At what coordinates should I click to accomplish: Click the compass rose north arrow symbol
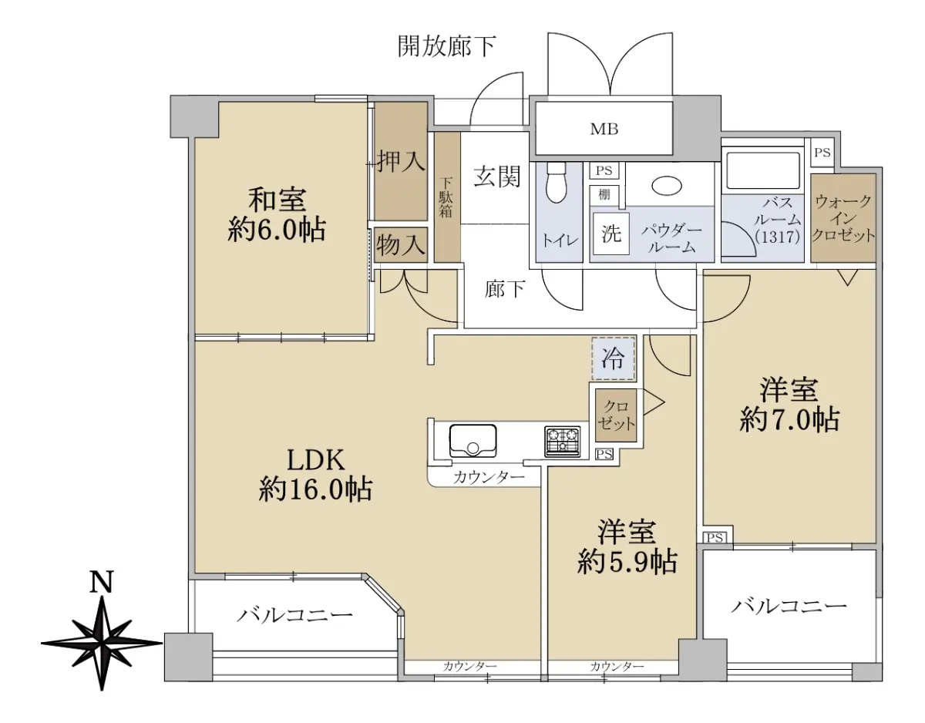102,643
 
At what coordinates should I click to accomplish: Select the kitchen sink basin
473,440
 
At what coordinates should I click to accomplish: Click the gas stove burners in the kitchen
562,442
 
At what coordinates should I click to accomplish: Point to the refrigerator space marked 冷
613,358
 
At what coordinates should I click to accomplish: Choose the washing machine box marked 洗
611,234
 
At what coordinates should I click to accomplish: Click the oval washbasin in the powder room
667,186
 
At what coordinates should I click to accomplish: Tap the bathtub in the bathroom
763,170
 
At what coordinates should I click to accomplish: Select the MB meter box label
604,129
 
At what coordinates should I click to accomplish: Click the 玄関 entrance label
498,177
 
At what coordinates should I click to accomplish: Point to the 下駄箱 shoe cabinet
447,197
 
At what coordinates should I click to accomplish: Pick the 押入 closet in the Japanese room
401,161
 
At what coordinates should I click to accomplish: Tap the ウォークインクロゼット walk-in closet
843,218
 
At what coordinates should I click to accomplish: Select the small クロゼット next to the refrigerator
616,415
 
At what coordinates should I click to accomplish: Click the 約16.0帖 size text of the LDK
315,489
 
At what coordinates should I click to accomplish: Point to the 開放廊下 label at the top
446,46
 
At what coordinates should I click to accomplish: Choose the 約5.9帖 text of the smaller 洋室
627,562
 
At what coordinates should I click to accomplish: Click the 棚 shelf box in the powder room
604,195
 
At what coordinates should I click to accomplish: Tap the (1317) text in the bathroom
778,237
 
